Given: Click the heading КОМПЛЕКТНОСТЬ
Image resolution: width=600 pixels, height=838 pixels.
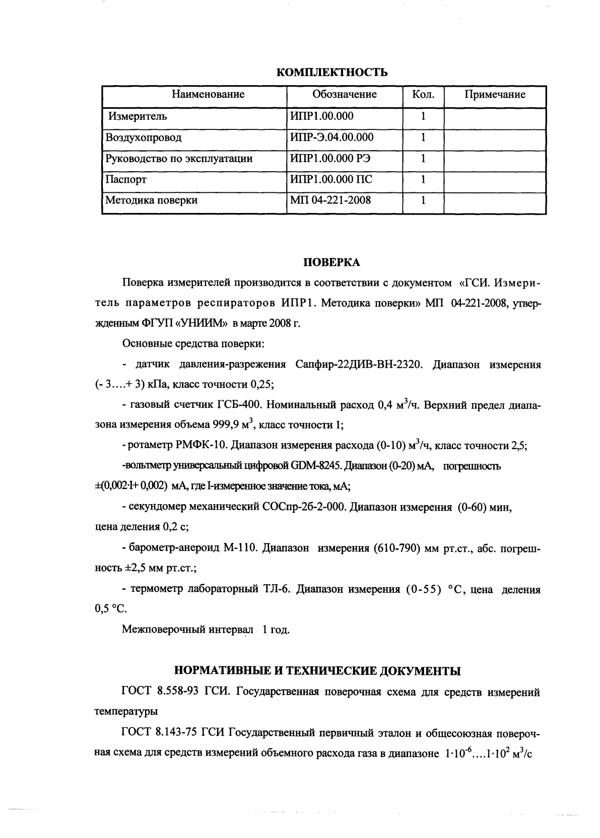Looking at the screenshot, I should coord(332,73).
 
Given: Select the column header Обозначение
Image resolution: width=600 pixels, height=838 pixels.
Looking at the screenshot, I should coord(345,95).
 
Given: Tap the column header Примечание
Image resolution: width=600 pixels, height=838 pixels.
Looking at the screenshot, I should coord(495,95).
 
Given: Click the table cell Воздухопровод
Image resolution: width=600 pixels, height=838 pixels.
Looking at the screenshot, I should coord(144,137).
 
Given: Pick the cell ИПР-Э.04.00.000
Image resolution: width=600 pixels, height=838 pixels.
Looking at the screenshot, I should coord(332,137).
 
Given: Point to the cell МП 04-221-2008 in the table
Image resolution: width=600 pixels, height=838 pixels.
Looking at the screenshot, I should coord(330,200).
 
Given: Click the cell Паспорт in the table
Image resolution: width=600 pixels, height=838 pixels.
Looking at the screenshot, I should coord(126,179).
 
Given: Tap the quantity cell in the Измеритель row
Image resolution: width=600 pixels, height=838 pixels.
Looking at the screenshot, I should coord(423,116).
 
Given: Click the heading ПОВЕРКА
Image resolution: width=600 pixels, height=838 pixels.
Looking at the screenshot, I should coord(331,262).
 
